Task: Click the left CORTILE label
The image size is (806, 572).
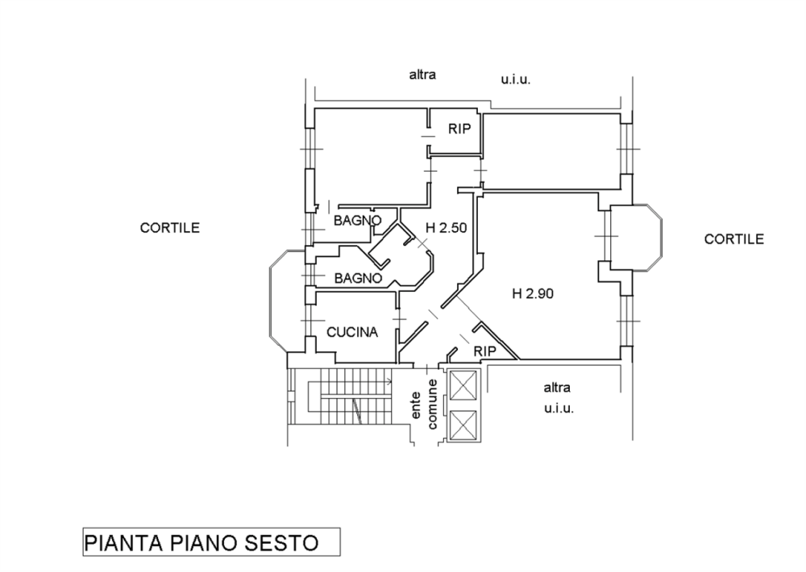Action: click(x=170, y=228)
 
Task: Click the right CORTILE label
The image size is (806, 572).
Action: click(x=733, y=239)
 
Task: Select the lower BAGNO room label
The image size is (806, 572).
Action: click(x=357, y=278)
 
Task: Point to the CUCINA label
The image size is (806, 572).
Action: click(x=352, y=331)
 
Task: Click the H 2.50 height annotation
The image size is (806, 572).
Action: click(x=446, y=228)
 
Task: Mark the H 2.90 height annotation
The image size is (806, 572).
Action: click(x=532, y=294)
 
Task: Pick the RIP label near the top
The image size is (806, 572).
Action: click(x=459, y=129)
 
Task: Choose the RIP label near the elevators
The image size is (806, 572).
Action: click(x=484, y=351)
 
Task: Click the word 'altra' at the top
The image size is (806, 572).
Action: click(x=422, y=76)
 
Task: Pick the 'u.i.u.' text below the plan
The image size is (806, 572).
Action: click(x=559, y=409)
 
